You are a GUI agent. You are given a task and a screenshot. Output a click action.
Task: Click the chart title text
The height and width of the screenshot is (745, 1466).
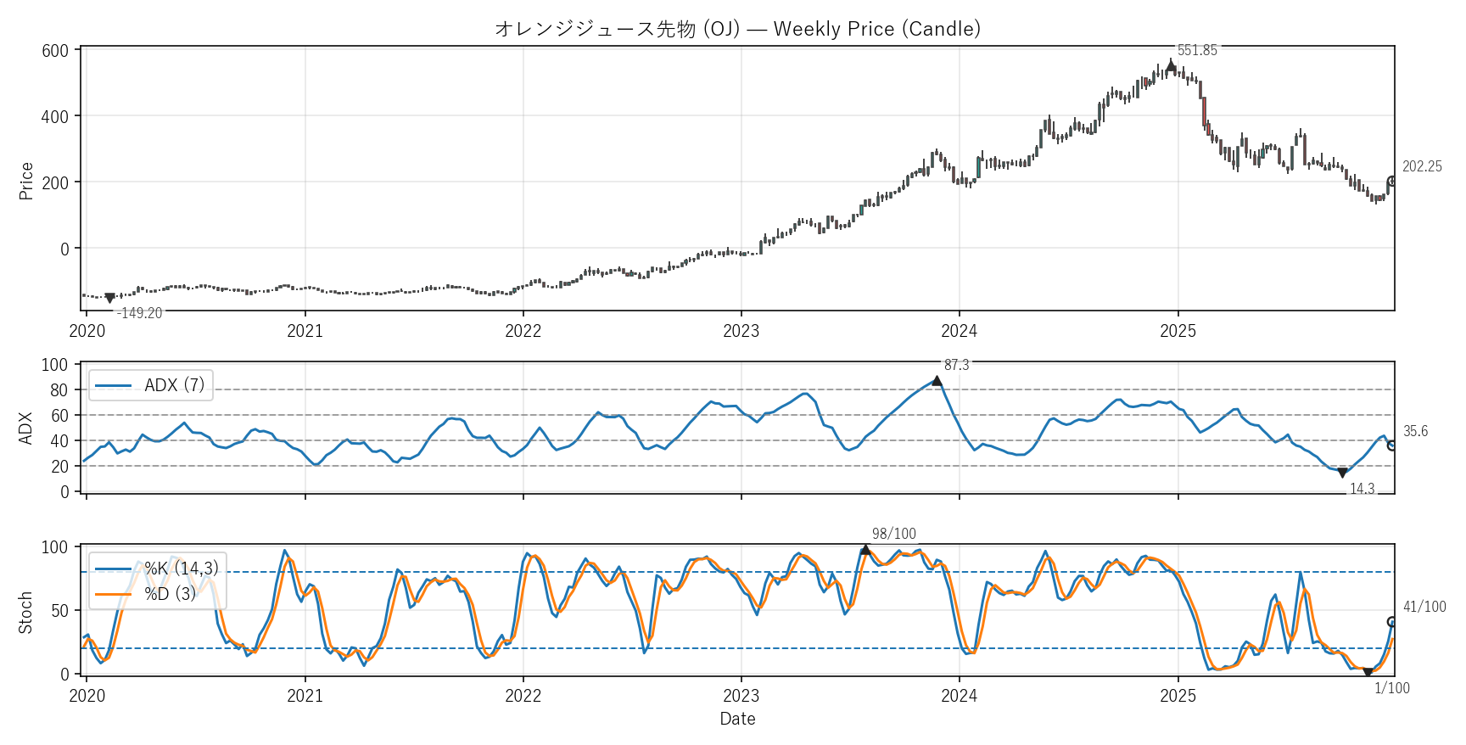(x=737, y=29)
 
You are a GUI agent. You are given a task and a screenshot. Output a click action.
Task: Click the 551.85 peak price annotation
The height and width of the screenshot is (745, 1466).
(x=1197, y=51)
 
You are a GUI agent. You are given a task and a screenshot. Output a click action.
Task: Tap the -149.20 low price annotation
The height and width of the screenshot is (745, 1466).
(x=140, y=313)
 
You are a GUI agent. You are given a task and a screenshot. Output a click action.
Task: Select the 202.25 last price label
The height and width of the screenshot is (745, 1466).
(x=1422, y=166)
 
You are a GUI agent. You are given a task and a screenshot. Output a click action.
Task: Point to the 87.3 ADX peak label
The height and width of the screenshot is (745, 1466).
(x=956, y=365)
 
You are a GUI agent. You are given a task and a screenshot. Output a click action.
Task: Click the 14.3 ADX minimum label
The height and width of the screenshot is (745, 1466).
(x=1362, y=489)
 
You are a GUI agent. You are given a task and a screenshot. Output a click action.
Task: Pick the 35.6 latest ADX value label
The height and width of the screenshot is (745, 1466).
(x=1415, y=431)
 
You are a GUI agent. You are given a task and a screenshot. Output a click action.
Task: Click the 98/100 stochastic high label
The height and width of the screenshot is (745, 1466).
(x=894, y=534)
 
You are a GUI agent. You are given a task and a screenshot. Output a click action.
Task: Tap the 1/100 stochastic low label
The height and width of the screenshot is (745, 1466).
(x=1392, y=688)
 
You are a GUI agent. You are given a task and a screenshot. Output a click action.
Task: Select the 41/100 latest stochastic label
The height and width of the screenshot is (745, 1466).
(x=1424, y=607)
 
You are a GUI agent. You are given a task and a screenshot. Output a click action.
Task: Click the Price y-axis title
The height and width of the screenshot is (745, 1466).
(x=26, y=181)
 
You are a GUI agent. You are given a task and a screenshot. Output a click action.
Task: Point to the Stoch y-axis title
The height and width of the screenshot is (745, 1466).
(x=26, y=612)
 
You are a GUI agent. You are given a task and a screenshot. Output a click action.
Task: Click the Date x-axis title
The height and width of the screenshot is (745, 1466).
(x=737, y=719)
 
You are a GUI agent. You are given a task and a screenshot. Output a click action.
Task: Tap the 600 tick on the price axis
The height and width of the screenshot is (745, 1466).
(x=55, y=51)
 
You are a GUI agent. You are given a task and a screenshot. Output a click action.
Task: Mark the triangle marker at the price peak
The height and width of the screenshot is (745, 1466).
(x=1172, y=65)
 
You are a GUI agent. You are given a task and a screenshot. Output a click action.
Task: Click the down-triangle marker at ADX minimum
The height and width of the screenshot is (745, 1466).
(x=1342, y=473)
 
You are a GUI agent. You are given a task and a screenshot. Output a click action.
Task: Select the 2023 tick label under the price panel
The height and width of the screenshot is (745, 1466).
(x=741, y=331)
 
